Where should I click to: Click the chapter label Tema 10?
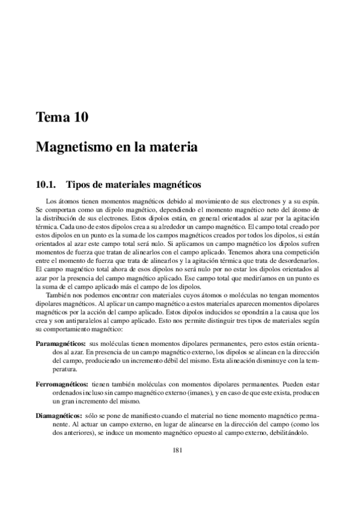tap(63, 118)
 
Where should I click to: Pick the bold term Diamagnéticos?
tap(58, 416)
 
